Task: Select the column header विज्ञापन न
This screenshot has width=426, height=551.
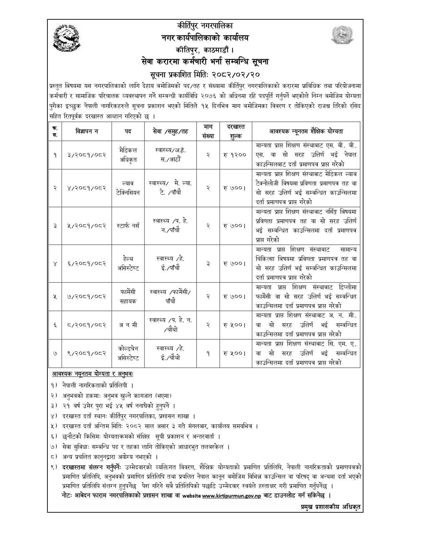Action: pos(87,131)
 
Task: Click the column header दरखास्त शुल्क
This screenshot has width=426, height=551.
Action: pos(235,131)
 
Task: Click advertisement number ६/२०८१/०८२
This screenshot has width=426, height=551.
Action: pos(87,263)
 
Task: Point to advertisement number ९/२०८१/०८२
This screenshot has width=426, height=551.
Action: pos(87,353)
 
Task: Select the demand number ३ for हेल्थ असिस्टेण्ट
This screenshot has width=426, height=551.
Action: pos(208,263)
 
